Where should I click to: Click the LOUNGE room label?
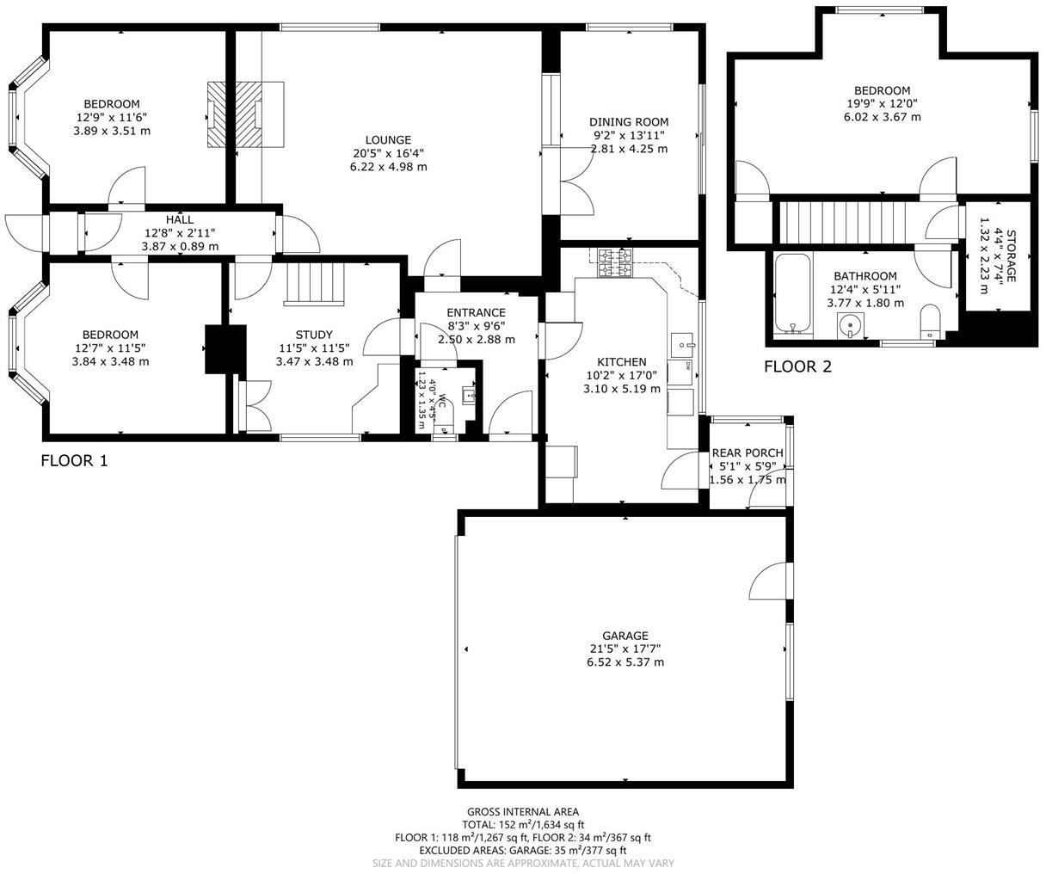[388, 140]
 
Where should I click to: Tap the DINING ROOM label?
[628, 122]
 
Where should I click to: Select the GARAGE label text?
[625, 636]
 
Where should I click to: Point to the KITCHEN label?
[621, 362]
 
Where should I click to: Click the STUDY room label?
[313, 335]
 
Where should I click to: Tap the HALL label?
[180, 220]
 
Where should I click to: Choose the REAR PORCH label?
[747, 453]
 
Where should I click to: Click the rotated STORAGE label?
[1011, 255]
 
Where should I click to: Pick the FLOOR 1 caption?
[75, 461]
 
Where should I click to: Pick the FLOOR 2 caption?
[798, 367]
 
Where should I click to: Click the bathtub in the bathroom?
[789, 293]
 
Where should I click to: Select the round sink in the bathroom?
[851, 326]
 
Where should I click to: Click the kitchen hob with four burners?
[614, 262]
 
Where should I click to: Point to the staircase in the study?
[315, 283]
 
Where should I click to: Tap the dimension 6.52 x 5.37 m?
[625, 662]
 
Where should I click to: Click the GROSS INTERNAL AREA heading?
[522, 811]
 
